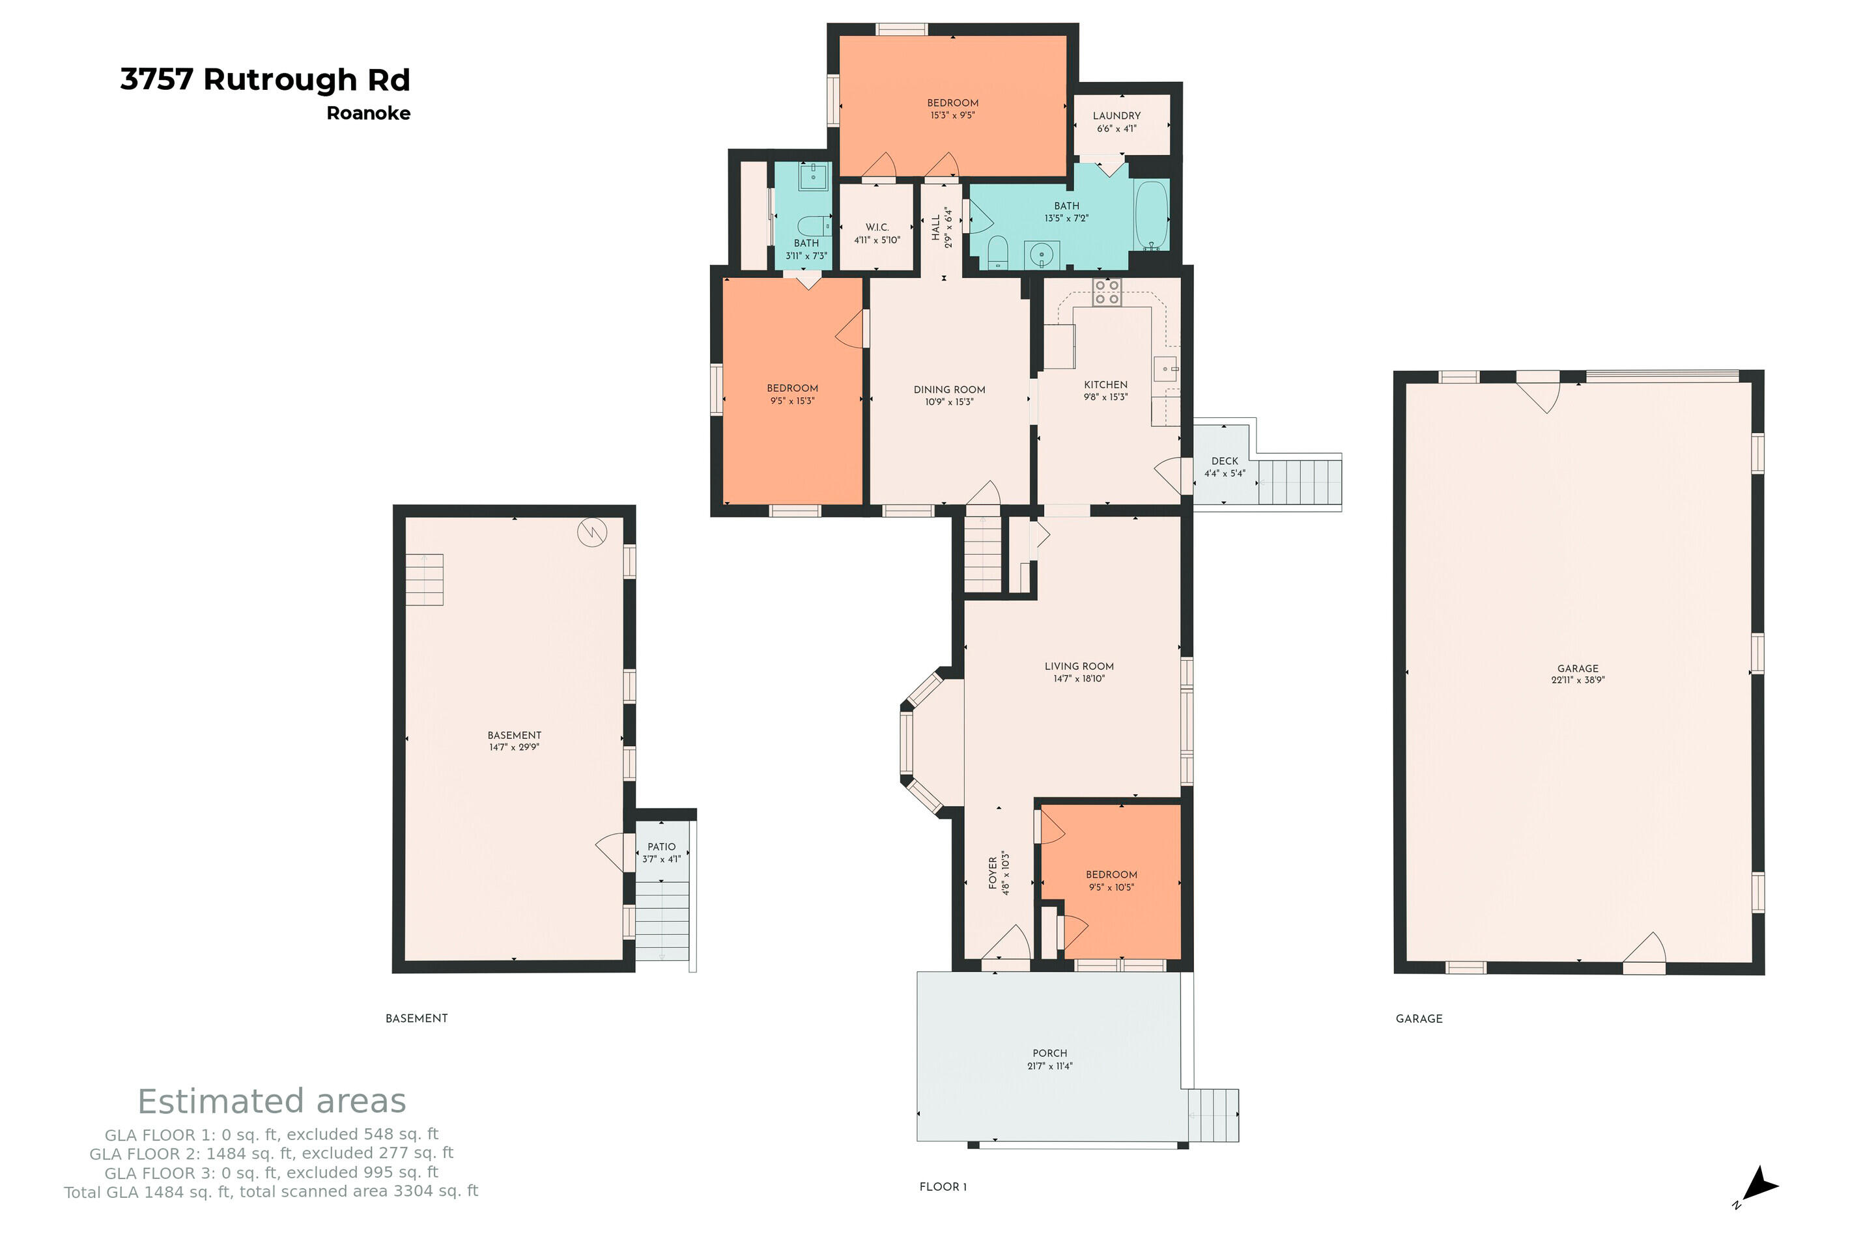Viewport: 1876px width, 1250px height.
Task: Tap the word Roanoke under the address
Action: (369, 113)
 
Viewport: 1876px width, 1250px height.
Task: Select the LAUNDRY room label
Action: (1116, 116)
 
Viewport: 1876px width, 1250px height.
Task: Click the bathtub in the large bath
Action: (1151, 215)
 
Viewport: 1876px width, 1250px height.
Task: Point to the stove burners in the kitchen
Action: (1107, 292)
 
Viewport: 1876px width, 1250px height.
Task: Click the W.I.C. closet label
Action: (877, 227)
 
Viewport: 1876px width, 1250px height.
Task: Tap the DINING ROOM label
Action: (949, 390)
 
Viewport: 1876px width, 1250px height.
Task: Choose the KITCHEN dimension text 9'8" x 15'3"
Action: (1105, 397)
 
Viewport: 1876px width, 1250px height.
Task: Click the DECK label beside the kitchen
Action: (1225, 461)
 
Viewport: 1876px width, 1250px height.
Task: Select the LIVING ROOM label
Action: (1079, 667)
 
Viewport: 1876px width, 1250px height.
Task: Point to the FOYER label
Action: (993, 873)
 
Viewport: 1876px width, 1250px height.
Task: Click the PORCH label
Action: (1049, 1053)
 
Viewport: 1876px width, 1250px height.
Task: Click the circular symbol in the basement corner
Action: (593, 533)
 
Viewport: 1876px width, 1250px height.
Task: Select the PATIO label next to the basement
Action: (661, 846)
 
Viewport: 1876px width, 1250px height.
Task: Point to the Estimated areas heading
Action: (272, 1101)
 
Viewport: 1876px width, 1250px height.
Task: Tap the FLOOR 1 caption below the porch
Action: (943, 1187)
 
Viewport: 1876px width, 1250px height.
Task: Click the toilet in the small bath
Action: (814, 227)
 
